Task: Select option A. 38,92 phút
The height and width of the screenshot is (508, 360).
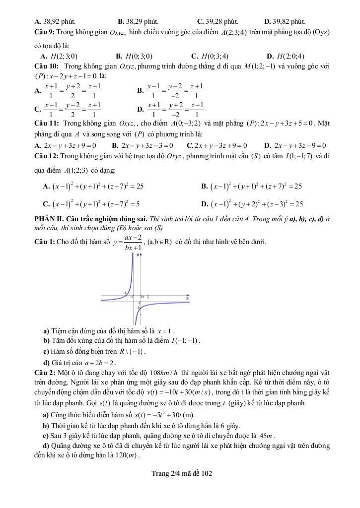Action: pyautogui.click(x=55, y=21)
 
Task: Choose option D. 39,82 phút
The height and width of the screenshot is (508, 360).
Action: pyautogui.click(x=285, y=21)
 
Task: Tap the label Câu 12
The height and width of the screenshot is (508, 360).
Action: pyautogui.click(x=46, y=157)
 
